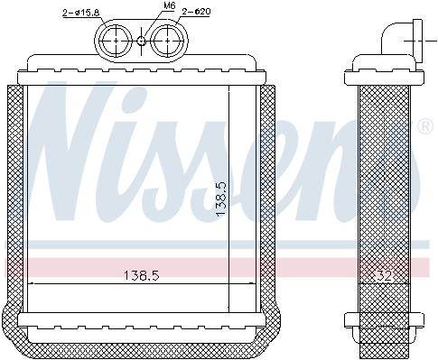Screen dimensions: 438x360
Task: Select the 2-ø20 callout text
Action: tap(196, 12)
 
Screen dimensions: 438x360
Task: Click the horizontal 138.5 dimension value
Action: tap(142, 275)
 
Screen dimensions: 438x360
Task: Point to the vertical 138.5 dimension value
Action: tap(221, 199)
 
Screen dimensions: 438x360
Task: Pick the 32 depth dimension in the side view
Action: tap(385, 275)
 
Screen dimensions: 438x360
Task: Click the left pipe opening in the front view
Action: tap(116, 40)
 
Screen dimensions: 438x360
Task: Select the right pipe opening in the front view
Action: tap(167, 40)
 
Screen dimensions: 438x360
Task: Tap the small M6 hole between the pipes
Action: tap(142, 41)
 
